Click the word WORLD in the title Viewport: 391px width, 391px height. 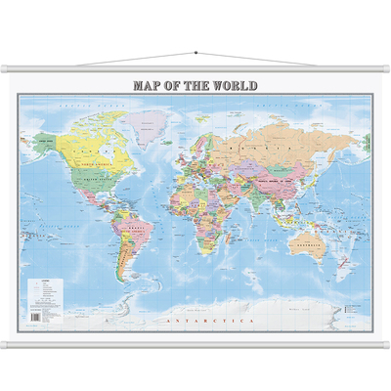pos(234,85)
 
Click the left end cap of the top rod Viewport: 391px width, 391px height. pos(4,68)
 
